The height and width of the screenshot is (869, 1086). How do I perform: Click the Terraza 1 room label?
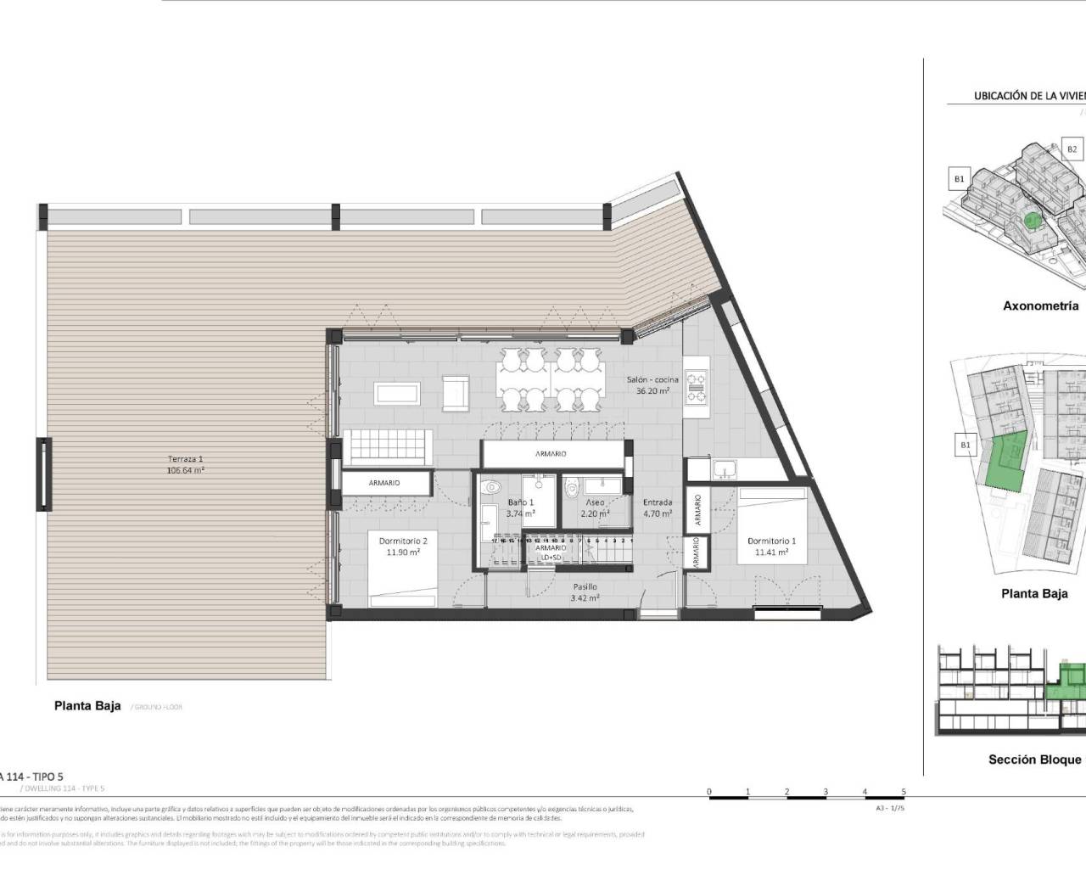click(x=185, y=464)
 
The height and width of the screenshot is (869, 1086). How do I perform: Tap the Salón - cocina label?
click(x=652, y=385)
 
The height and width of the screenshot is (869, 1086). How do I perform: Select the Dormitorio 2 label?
click(x=403, y=546)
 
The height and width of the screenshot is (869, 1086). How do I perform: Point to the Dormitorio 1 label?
click(x=771, y=546)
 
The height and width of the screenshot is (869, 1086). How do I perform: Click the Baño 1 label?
click(x=521, y=507)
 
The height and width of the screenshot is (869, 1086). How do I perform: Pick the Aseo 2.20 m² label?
click(x=595, y=507)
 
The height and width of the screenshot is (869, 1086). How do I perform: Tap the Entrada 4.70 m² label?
click(x=658, y=507)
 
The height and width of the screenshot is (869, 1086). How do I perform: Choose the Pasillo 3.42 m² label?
click(x=585, y=591)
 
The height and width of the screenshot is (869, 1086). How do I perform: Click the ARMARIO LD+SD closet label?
click(x=551, y=552)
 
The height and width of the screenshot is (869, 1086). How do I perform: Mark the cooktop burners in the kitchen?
click(x=697, y=387)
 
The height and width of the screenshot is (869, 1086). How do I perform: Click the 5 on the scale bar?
click(x=904, y=791)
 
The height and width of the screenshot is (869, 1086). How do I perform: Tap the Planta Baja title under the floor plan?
click(x=87, y=705)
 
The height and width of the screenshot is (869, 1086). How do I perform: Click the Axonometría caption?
click(x=1040, y=306)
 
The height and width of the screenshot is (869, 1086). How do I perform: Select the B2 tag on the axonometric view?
click(x=1072, y=149)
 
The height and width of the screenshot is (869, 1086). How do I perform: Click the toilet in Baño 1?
click(x=490, y=489)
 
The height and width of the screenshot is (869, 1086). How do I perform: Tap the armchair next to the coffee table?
click(x=456, y=392)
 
